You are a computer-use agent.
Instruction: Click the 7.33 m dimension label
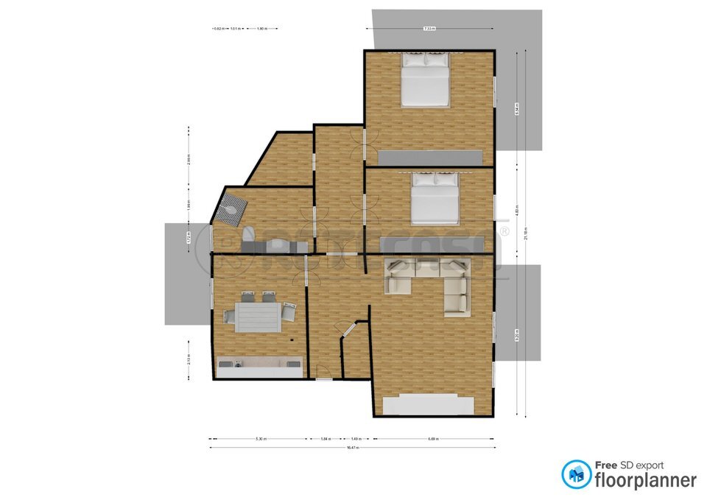pyautogui.click(x=429, y=29)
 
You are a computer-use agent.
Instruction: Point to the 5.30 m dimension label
pyautogui.click(x=261, y=439)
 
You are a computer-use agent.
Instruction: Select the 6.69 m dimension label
pyautogui.click(x=432, y=439)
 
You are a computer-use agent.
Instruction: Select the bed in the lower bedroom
pyautogui.click(x=435, y=199)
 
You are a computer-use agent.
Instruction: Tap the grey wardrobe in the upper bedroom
pyautogui.click(x=431, y=158)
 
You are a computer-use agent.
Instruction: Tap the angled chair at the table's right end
pyautogui.click(x=289, y=312)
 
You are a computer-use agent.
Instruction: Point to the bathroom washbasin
pyautogui.click(x=277, y=244)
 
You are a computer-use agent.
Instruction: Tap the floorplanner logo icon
pyautogui.click(x=576, y=475)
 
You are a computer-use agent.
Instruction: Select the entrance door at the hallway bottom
pyautogui.click(x=323, y=378)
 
